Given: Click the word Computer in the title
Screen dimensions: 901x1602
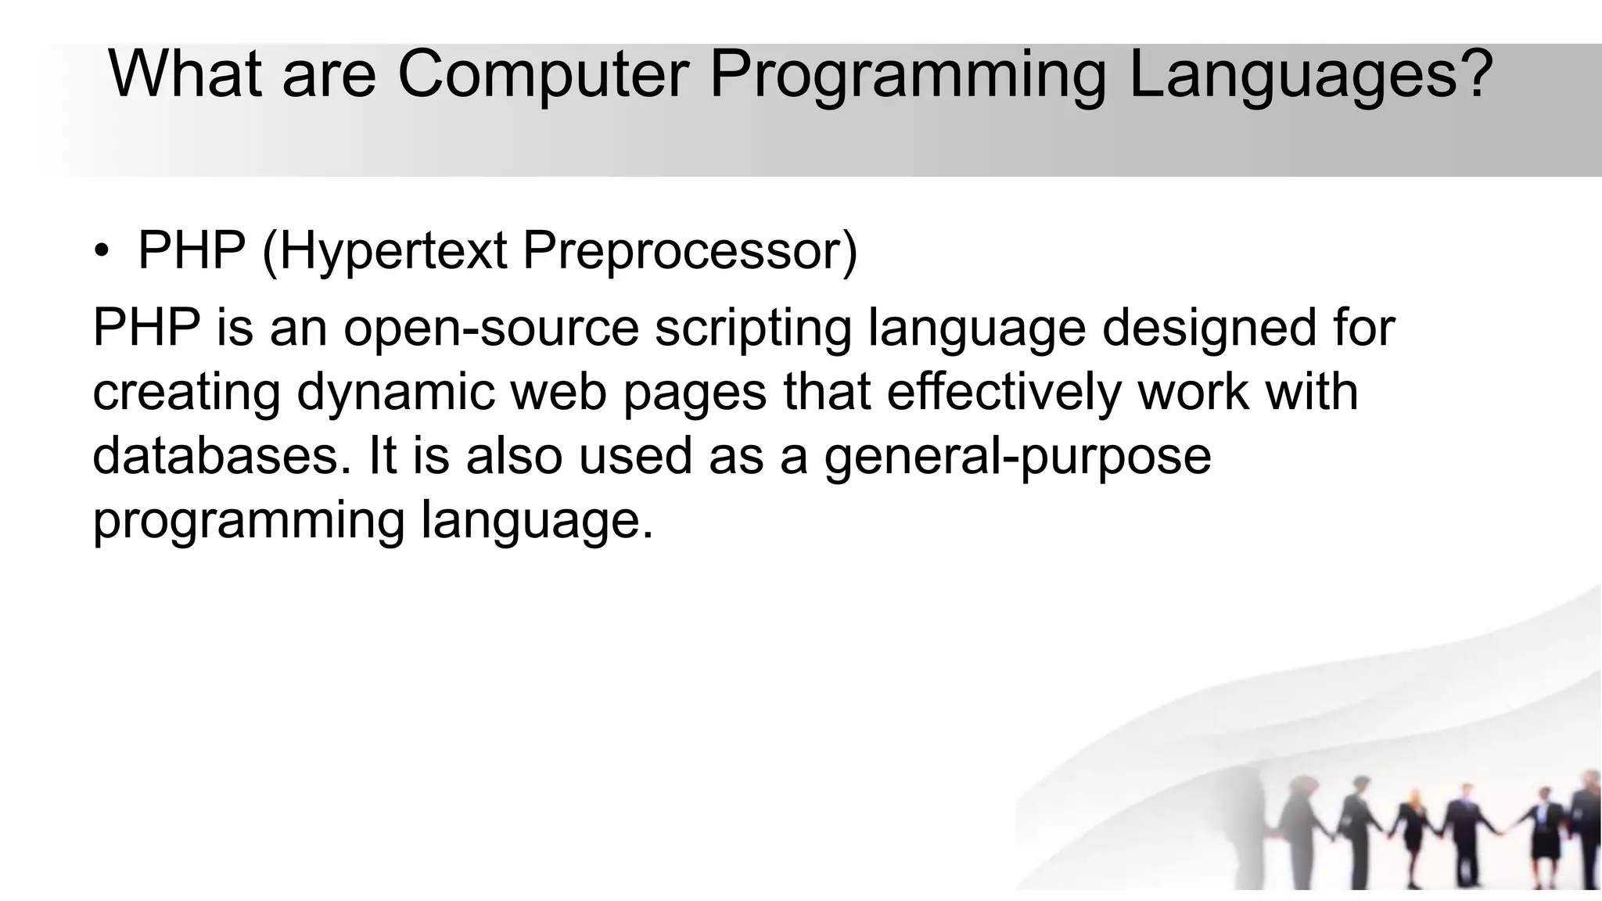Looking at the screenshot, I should point(543,74).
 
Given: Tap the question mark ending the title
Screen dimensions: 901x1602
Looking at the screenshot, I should point(1474,74).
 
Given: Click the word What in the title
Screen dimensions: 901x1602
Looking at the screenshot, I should point(186,74).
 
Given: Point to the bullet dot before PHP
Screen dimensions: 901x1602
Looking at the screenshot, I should point(102,253).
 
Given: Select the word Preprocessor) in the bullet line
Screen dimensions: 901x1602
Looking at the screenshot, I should point(690,252).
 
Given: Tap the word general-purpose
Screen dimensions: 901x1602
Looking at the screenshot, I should point(1017,456).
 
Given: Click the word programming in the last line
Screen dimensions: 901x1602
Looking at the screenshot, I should point(248,520).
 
